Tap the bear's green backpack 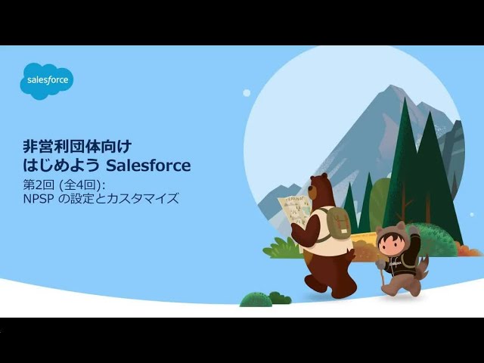(337, 223)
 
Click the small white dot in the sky (247, 92)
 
